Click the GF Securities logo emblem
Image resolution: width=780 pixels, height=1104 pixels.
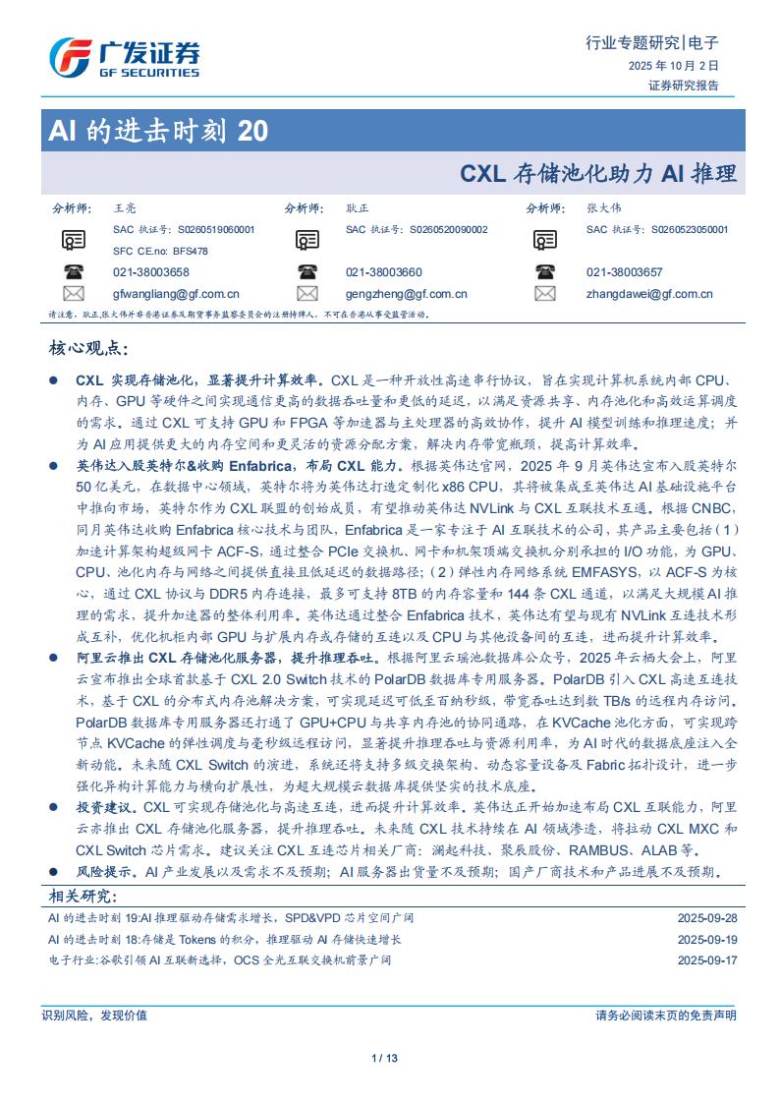click(x=70, y=57)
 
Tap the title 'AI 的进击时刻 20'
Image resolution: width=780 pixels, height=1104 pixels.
click(x=157, y=131)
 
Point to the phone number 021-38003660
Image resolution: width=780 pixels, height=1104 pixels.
click(x=384, y=272)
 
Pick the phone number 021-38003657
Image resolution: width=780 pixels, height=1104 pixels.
click(x=624, y=272)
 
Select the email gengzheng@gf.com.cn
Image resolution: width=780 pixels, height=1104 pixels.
click(x=406, y=294)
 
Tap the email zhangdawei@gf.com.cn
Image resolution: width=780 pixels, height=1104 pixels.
click(x=649, y=294)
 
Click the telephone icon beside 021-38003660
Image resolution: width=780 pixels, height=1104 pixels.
click(x=307, y=272)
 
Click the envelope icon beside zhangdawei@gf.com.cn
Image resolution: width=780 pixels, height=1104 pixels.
click(x=545, y=294)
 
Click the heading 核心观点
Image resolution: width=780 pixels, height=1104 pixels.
click(x=88, y=349)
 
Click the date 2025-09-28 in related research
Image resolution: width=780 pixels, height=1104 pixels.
click(x=706, y=918)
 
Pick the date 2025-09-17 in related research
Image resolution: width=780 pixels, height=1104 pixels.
click(x=706, y=959)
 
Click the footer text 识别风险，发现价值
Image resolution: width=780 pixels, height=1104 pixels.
click(x=95, y=1016)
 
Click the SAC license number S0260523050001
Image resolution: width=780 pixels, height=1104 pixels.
click(x=690, y=229)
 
